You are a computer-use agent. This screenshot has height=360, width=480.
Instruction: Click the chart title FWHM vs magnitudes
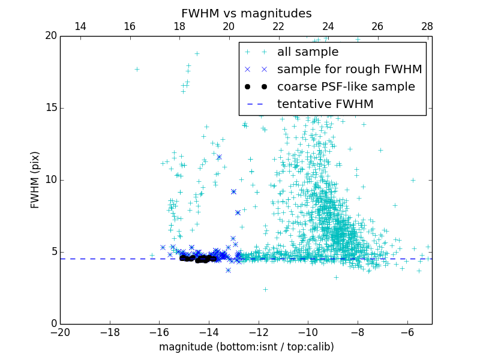[246, 13]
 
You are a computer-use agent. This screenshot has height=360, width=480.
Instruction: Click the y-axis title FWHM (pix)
[35, 180]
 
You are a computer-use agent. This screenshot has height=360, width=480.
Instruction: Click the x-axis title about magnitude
[246, 347]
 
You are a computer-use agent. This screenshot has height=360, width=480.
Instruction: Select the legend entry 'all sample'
[307, 52]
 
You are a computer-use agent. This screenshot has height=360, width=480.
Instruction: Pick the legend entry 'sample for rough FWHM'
[349, 70]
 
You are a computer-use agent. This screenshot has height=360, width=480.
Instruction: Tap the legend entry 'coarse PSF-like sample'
[346, 87]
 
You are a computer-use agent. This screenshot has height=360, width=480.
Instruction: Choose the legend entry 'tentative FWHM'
[325, 104]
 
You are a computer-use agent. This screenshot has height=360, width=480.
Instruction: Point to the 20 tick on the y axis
[50, 36]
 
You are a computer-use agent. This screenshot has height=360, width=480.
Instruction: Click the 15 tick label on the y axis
[50, 108]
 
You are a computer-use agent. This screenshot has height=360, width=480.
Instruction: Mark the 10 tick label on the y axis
[50, 180]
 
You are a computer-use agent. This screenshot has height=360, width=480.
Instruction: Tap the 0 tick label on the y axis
[53, 324]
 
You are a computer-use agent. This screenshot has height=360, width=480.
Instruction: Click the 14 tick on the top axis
[80, 26]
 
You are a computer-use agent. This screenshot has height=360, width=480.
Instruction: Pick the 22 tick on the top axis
[278, 26]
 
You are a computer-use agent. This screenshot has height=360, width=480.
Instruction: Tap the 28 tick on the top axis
[427, 26]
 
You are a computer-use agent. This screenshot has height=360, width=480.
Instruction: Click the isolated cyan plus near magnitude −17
[137, 69]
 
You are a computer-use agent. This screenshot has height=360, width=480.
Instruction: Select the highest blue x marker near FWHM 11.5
[219, 157]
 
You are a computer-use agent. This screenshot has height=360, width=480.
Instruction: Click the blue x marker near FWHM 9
[233, 191]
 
